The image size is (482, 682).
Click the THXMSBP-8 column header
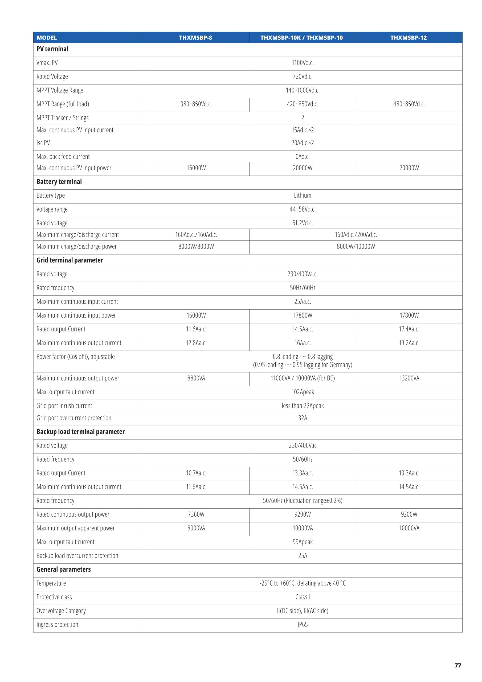(x=195, y=38)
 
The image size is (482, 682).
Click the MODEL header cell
(x=47, y=38)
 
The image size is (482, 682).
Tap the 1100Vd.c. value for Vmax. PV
(x=302, y=63)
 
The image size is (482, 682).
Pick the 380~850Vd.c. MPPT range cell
(x=196, y=104)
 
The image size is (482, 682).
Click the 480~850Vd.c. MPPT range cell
(x=409, y=104)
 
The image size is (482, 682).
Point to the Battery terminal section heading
(x=59, y=181)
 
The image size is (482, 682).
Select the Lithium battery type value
(x=302, y=196)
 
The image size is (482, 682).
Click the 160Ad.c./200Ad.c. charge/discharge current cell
(x=356, y=235)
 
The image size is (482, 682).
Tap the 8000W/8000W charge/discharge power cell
(x=196, y=246)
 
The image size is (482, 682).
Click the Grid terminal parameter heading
(x=70, y=260)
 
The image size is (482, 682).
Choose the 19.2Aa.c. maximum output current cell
(x=409, y=343)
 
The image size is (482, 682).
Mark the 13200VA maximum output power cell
(x=409, y=378)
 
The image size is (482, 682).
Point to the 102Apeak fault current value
(x=302, y=392)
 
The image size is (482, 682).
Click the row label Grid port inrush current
(x=64, y=406)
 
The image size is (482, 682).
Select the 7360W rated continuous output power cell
(x=196, y=514)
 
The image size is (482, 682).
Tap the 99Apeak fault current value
(x=302, y=542)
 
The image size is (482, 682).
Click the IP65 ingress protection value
(x=302, y=624)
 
